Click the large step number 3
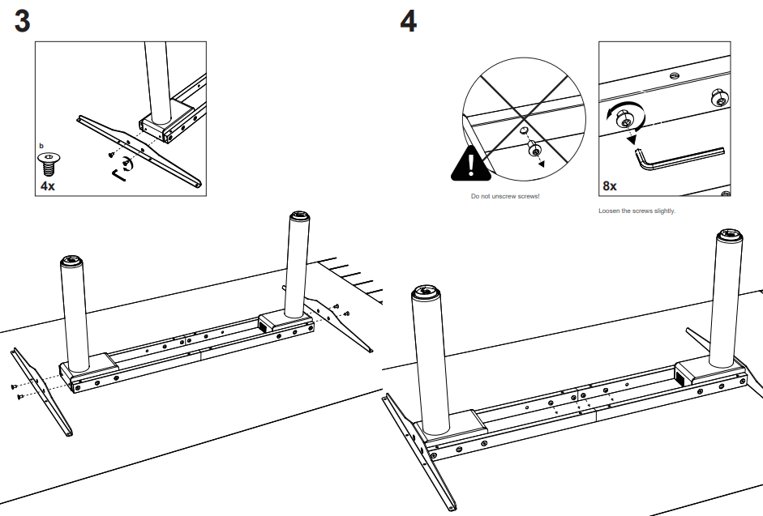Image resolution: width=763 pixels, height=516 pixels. coord(23,22)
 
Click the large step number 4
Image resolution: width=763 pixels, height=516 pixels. coord(409,22)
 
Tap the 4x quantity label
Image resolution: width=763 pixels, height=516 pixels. coord(48,186)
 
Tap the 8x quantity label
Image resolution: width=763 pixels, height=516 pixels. coord(610,186)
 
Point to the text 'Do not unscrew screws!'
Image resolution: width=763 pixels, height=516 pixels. coord(504,197)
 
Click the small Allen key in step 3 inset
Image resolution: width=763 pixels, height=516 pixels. coord(118,174)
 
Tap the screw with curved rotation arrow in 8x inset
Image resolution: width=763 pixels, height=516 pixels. coord(626,119)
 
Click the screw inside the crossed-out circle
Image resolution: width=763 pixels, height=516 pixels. coord(533,150)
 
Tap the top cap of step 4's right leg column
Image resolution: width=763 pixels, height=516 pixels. coord(729,237)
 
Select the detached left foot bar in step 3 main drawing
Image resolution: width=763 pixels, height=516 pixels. coord(42,389)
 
